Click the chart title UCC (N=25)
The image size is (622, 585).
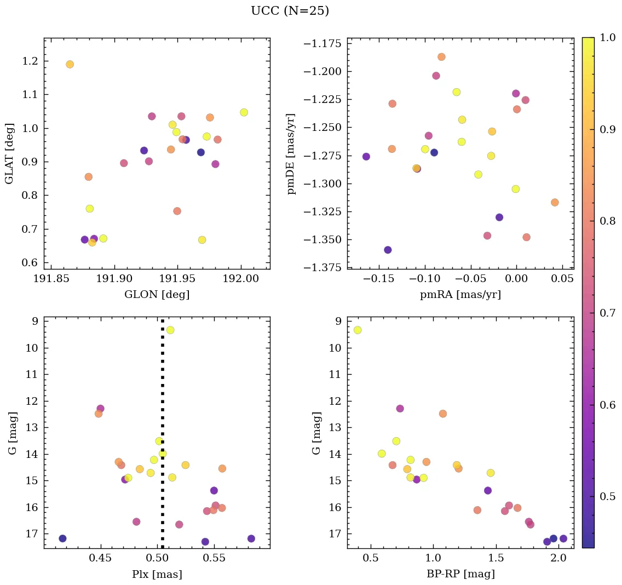click(290, 11)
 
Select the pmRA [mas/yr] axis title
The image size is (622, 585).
click(460, 295)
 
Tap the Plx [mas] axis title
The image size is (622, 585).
click(157, 574)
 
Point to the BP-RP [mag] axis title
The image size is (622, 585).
click(460, 574)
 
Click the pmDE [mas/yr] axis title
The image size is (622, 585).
click(291, 153)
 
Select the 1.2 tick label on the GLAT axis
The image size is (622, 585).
click(31, 61)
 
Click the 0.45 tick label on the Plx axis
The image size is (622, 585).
click(101, 559)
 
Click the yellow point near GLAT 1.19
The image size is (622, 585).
click(70, 64)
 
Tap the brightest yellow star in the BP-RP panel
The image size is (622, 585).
click(358, 330)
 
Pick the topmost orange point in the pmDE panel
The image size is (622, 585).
click(441, 57)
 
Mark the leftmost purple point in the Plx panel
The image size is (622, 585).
click(62, 538)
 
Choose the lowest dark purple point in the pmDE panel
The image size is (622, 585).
click(388, 250)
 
